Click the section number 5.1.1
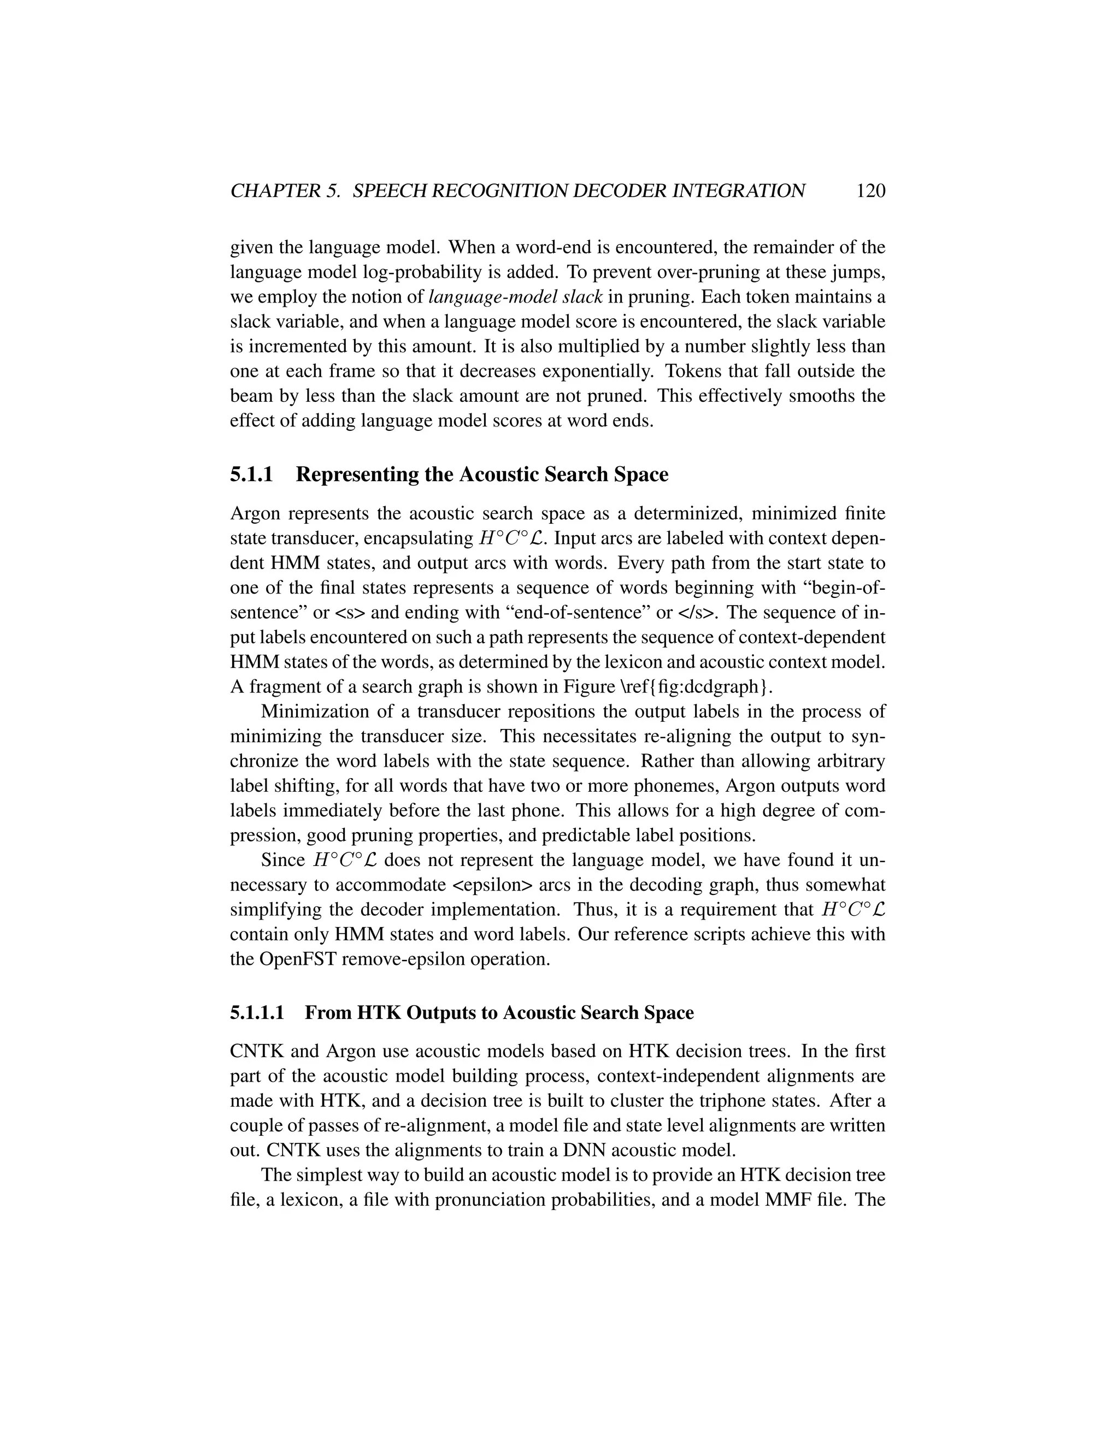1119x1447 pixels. (x=251, y=475)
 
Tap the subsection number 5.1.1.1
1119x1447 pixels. (x=257, y=1013)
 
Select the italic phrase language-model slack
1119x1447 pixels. (x=516, y=297)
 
